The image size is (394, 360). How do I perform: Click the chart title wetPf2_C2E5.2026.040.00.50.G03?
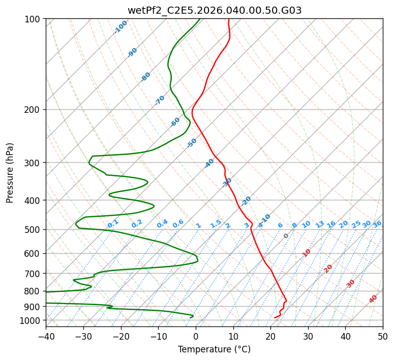[214, 10]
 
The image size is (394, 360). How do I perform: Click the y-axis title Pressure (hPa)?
[10, 173]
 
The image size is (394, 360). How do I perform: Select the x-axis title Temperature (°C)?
[214, 350]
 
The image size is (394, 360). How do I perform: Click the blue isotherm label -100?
[121, 27]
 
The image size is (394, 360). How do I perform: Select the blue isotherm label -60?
[175, 122]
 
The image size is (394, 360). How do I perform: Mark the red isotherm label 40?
[373, 299]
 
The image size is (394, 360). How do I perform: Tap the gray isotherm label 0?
[286, 236]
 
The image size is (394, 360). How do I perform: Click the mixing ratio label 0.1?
[113, 223]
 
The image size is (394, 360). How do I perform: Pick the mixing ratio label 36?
[377, 224]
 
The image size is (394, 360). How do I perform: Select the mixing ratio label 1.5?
[216, 223]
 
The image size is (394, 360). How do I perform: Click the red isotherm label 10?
[307, 253]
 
